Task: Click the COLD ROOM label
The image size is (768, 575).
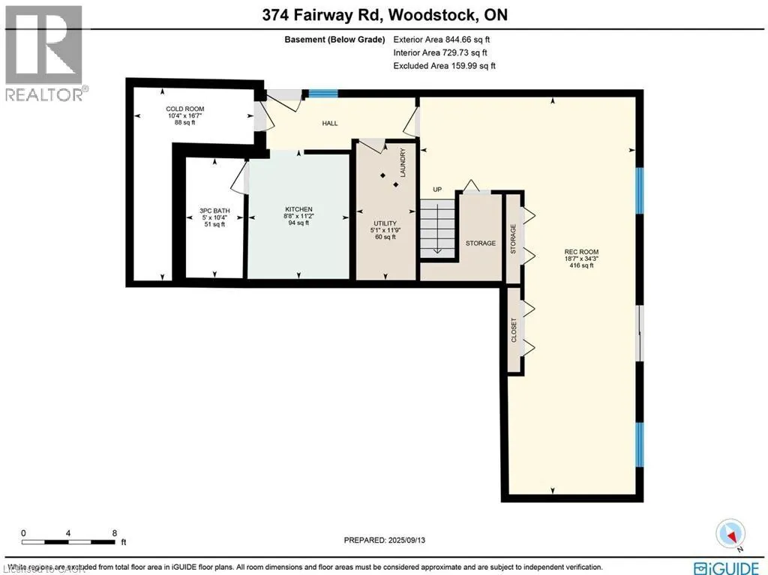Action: [x=184, y=109]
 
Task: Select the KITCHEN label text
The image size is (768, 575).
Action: [x=298, y=209]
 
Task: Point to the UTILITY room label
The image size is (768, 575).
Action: [x=385, y=223]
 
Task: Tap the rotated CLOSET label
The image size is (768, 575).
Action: [x=514, y=331]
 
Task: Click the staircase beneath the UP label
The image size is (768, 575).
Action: [x=436, y=229]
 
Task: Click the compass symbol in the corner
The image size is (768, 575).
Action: [x=730, y=534]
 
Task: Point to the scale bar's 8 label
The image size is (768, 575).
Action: [x=114, y=533]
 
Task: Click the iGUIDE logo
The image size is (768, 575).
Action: [x=728, y=567]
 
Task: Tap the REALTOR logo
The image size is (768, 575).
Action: [x=44, y=52]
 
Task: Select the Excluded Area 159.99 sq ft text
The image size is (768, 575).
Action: [x=444, y=66]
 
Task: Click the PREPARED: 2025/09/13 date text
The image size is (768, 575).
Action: [x=389, y=540]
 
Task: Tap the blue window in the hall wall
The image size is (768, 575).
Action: [x=323, y=94]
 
